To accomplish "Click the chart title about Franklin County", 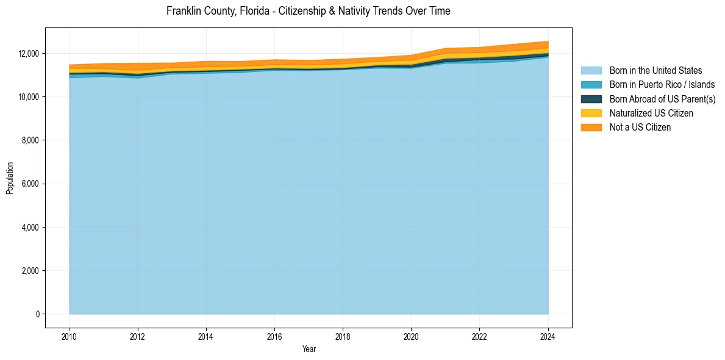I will [x=308, y=11].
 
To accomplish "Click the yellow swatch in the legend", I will [x=591, y=113].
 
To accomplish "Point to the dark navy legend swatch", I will [x=591, y=99].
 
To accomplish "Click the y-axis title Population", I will [x=10, y=178].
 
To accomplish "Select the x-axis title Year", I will [x=309, y=349].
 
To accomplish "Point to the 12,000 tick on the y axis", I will [x=28, y=54].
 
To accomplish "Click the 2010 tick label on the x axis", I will [x=70, y=336].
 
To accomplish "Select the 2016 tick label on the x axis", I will [x=274, y=336].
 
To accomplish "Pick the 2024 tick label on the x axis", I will [x=548, y=336].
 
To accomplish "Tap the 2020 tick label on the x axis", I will [x=412, y=336].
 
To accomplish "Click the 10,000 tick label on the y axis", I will [x=28, y=97].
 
